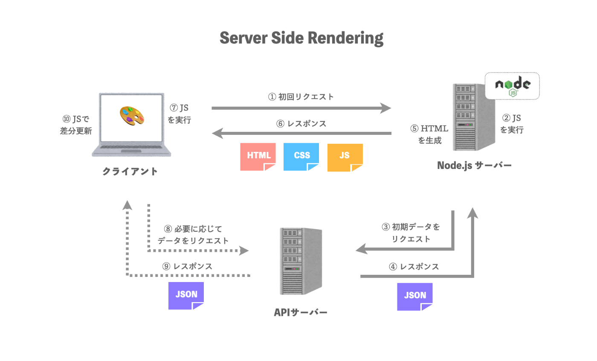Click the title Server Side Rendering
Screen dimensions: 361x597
[301, 38]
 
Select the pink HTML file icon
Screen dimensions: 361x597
[258, 157]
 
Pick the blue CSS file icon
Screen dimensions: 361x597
[301, 157]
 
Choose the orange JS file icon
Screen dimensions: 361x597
[345, 157]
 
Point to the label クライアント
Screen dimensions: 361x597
[130, 172]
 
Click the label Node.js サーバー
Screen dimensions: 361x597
[474, 165]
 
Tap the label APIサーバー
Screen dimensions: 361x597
[301, 313]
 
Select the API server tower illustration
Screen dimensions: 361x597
[301, 261]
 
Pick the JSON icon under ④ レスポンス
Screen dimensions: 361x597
[414, 296]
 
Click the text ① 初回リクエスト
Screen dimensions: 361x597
[301, 97]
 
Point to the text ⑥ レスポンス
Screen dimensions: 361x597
[301, 124]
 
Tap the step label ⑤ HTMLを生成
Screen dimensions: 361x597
[429, 134]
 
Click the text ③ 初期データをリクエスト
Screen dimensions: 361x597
[410, 233]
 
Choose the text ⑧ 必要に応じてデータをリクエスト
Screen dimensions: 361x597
[193, 235]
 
